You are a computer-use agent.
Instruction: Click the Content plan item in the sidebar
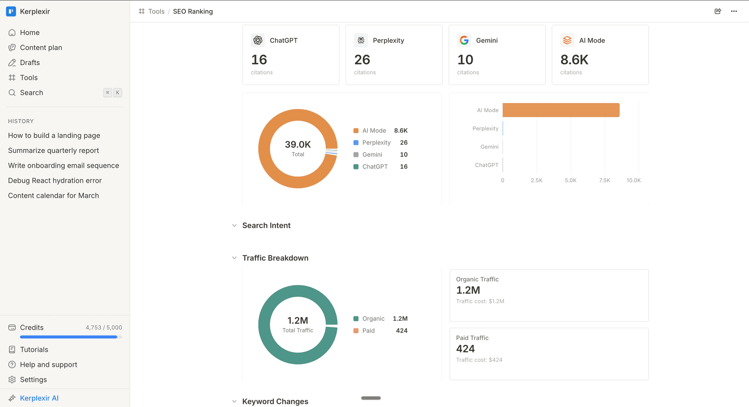[41, 48]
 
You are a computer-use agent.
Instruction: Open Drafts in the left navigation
[30, 62]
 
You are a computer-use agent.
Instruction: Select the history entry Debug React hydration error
[55, 181]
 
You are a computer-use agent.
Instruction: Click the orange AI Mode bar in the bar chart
[561, 110]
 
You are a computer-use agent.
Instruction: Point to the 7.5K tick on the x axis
[604, 180]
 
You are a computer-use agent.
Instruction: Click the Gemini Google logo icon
[464, 40]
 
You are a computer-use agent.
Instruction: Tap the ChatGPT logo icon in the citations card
[258, 40]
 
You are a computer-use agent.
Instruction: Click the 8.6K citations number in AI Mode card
[574, 60]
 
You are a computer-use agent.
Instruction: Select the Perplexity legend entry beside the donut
[376, 142]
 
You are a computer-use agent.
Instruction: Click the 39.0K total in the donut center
[298, 145]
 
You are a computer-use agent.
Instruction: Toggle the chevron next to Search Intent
[234, 226]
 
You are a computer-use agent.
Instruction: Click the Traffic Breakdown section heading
[275, 258]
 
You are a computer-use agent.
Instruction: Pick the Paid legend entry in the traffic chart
[368, 331]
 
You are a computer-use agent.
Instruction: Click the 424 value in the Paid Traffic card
[465, 349]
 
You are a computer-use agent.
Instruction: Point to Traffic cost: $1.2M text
[480, 301]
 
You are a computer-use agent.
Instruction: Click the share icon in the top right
[717, 11]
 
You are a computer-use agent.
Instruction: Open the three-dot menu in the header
[734, 11]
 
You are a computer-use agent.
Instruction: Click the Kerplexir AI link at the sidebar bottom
[39, 398]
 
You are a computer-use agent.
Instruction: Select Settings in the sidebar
[33, 380]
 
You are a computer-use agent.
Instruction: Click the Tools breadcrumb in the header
[156, 11]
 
